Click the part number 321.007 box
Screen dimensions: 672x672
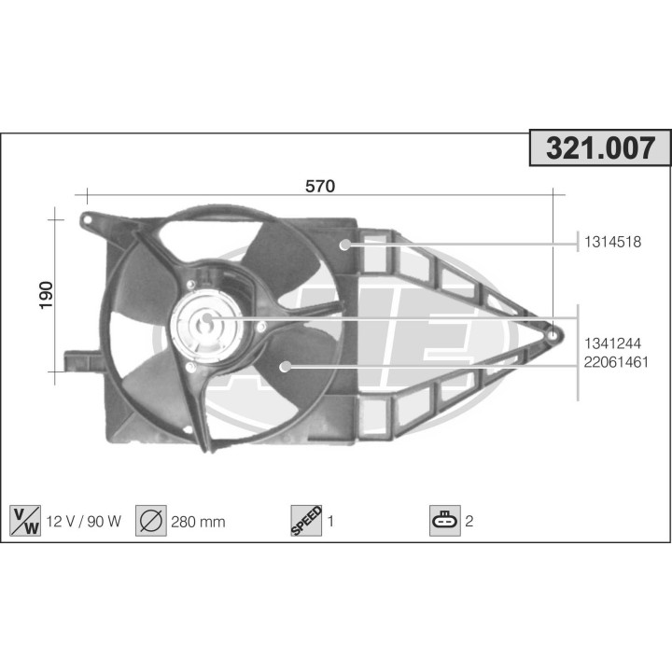600,147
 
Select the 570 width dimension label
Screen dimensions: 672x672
320,186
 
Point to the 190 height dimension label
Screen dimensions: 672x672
46,295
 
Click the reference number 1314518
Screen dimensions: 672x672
613,242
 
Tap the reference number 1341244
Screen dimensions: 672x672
613,343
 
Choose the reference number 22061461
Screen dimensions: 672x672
616,362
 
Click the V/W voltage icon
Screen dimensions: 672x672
25,521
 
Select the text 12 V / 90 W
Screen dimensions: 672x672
84,521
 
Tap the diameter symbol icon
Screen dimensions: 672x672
151,521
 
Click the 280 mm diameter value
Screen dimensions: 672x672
198,522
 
